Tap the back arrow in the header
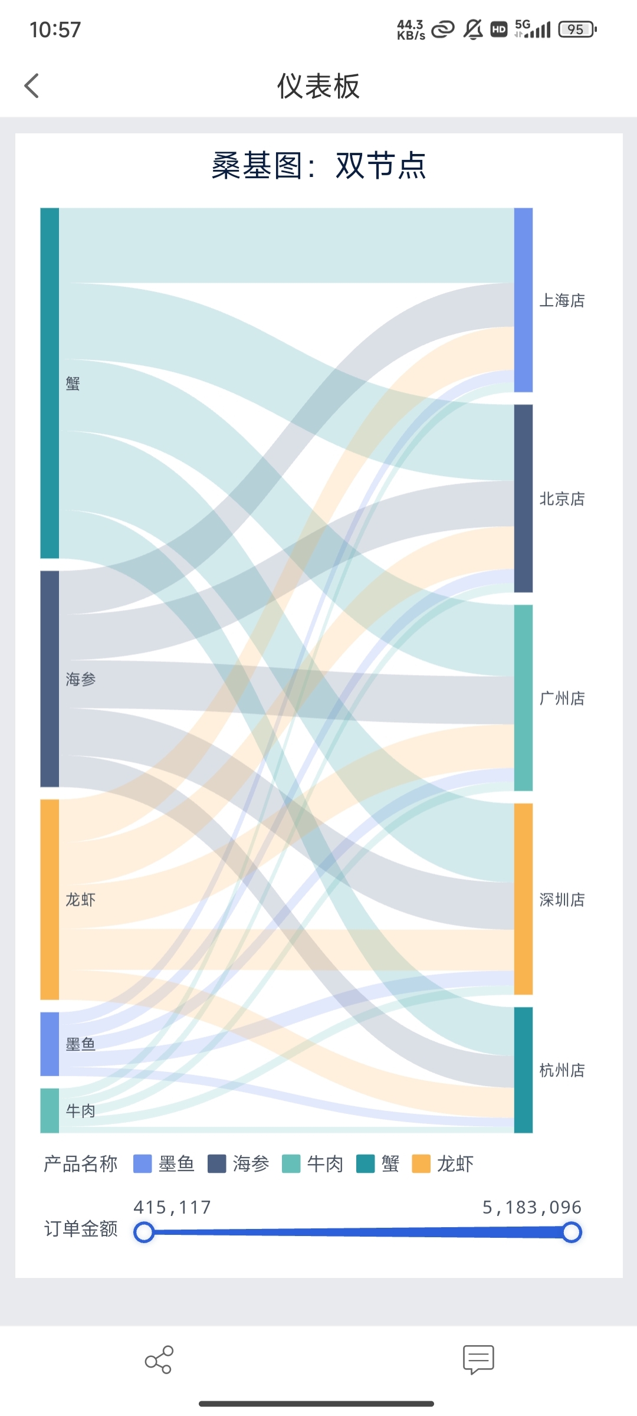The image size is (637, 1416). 32,86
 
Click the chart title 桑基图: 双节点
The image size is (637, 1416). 318,166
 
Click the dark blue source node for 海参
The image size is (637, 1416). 50,678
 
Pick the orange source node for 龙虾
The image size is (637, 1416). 50,899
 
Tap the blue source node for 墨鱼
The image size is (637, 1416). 50,1044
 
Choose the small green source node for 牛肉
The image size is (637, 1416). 50,1110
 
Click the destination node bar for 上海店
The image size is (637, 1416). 523,300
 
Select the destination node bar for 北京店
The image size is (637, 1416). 523,498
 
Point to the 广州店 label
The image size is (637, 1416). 562,699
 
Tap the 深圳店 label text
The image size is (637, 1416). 562,900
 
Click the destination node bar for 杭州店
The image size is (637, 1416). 523,1070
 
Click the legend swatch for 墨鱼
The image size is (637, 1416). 143,1164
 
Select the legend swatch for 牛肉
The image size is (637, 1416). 291,1164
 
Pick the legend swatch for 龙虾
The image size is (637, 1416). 421,1164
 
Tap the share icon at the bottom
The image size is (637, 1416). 159,1359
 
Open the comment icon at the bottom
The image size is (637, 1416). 478,1359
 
